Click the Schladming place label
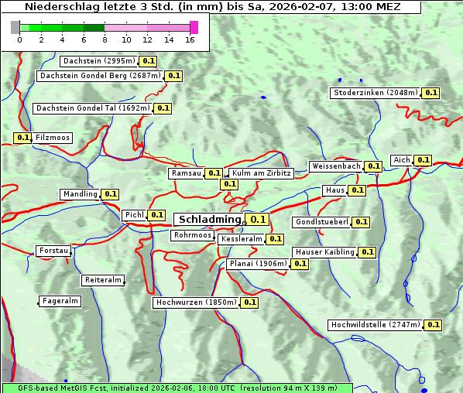click(210, 220)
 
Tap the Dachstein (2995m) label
click(98, 60)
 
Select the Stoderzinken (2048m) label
click(376, 93)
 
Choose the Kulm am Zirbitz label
click(261, 173)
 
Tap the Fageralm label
click(60, 301)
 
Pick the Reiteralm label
click(103, 280)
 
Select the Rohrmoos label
click(193, 234)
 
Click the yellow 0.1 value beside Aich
click(423, 160)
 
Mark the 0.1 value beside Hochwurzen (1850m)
click(250, 302)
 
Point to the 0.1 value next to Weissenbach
click(373, 166)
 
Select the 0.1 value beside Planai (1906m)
click(300, 264)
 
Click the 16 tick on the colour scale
click(190, 39)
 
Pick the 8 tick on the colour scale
click(105, 39)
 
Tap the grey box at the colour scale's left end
click(15, 28)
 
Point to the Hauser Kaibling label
click(324, 252)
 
